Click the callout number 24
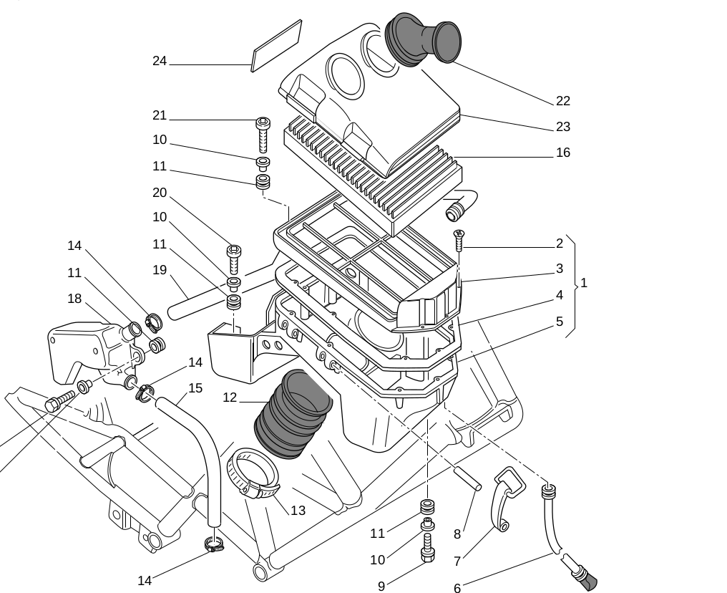point(160,61)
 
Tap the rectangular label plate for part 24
point(276,46)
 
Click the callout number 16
point(563,153)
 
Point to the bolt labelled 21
point(263,134)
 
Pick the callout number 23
point(563,127)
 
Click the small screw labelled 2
point(459,241)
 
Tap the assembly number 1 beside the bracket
point(584,283)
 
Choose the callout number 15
point(195,388)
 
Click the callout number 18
point(74,299)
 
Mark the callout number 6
point(457,589)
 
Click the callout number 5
point(560,322)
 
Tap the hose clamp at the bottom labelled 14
point(214,546)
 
